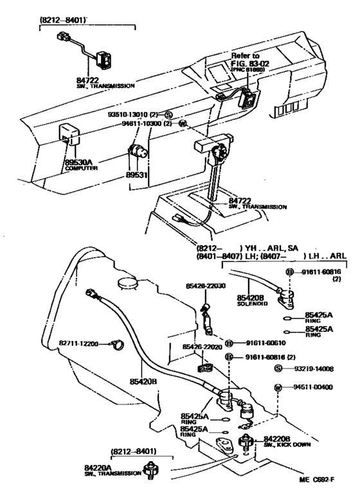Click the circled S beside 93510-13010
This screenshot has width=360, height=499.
[x=169, y=114]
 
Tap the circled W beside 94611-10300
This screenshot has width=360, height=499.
[x=182, y=123]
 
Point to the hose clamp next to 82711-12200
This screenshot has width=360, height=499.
[x=116, y=346]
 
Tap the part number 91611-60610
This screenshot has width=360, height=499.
[x=260, y=343]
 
